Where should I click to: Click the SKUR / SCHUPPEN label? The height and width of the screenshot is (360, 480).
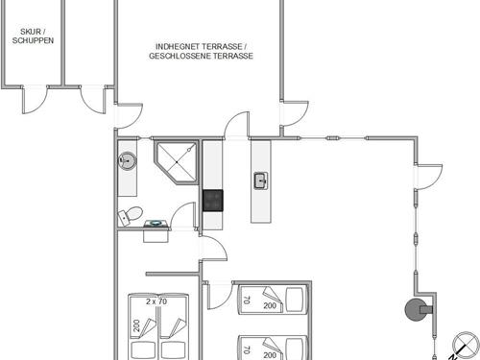coord(33,36)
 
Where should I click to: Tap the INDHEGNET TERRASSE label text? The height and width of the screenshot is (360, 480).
coord(199,47)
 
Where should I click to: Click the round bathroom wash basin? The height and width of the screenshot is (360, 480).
coord(128,160)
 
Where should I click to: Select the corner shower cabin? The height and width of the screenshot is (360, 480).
coord(176,162)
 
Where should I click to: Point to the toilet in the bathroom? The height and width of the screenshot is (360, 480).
coord(131,215)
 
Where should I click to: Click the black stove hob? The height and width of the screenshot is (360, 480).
coord(213,201)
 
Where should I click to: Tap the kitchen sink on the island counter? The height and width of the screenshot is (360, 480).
coord(261,180)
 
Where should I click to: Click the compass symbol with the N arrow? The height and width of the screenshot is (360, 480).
coord(465,346)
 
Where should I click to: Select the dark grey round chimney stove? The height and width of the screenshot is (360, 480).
coord(416,309)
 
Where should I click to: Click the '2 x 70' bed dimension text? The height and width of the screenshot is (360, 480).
coord(156,301)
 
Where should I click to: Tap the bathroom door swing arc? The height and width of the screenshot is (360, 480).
coord(182,215)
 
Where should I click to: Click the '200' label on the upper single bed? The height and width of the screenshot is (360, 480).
coord(270,305)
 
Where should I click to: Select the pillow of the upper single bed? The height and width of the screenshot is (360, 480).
coord(295,300)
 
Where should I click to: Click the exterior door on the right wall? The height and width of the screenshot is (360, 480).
coord(429,177)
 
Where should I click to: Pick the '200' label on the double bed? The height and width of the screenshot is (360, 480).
coord(137,325)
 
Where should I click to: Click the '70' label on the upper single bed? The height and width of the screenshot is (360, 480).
coord(247,300)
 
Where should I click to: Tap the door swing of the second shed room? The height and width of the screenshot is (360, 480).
coord(93,100)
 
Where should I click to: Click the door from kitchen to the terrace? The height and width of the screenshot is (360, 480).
coord(236,125)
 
